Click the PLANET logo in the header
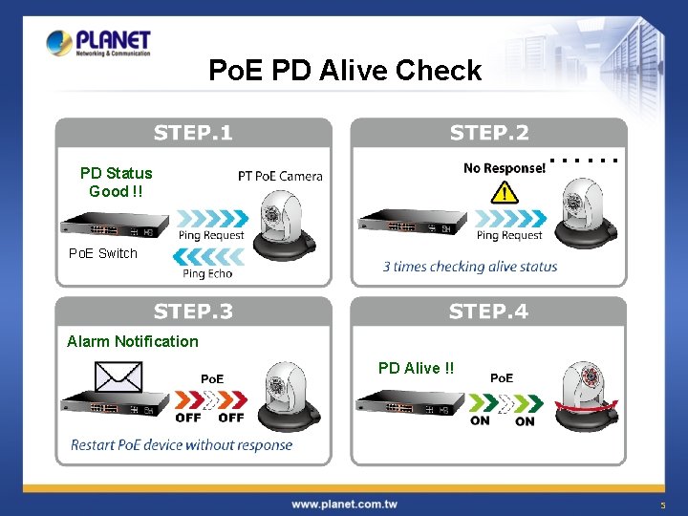98,44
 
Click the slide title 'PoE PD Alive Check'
345,71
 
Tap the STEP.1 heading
193,132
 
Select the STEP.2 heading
489,132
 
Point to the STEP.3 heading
193,312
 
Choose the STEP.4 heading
489,312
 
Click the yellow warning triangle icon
504,194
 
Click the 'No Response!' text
505,168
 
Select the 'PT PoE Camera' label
280,176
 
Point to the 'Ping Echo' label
207,274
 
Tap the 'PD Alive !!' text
417,368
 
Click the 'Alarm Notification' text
133,341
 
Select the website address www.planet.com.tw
344,504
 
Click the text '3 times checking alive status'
470,267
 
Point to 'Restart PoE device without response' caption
182,444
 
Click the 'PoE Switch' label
103,253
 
